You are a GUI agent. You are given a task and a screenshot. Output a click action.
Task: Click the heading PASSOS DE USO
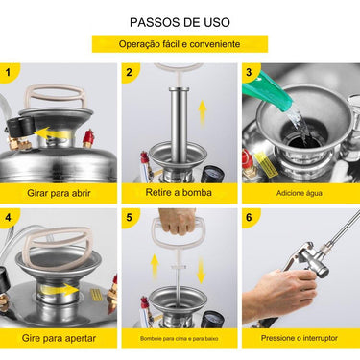click(x=180, y=21)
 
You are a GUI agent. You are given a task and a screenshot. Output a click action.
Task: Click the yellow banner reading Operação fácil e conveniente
click(x=180, y=44)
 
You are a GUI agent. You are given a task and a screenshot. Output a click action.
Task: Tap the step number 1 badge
click(x=10, y=72)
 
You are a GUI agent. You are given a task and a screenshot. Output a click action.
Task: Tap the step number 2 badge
click(x=130, y=72)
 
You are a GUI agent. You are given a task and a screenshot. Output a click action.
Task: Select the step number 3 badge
click(x=250, y=72)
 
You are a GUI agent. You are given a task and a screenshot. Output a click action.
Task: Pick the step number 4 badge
click(x=10, y=218)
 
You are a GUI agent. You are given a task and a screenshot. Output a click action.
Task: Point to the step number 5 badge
click(x=130, y=218)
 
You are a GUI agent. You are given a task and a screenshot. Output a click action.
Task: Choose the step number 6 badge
click(x=250, y=218)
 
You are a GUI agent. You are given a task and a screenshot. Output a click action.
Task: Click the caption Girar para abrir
click(x=59, y=192)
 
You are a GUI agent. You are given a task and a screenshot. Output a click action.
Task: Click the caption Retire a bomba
click(x=179, y=192)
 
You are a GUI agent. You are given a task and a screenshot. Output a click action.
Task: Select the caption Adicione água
click(x=300, y=193)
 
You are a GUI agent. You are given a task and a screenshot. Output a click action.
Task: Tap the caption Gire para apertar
click(x=59, y=338)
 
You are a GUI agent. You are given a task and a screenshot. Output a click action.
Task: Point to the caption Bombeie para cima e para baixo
click(x=179, y=339)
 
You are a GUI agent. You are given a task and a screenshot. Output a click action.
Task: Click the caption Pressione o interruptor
click(x=300, y=339)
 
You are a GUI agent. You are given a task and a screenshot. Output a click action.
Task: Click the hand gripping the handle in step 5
click(x=178, y=222)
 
